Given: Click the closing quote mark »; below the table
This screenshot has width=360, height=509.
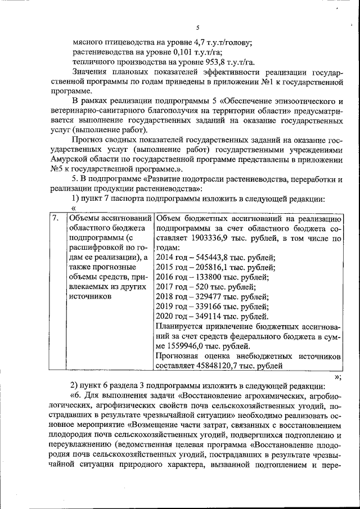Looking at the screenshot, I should [x=338, y=376].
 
